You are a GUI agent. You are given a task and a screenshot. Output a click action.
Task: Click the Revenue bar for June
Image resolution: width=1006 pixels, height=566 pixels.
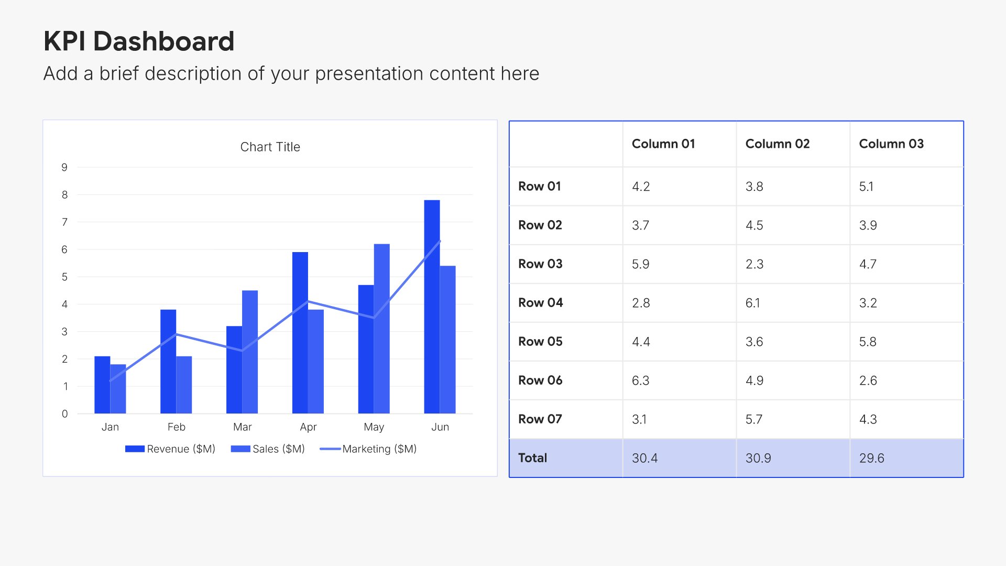click(432, 307)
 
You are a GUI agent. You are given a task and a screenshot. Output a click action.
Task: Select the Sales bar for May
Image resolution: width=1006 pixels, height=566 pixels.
click(381, 329)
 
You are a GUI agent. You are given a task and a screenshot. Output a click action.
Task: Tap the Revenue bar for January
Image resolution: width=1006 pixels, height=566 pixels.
click(102, 385)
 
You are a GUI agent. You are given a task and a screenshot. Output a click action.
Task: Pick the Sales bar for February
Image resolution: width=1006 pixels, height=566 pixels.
click(184, 385)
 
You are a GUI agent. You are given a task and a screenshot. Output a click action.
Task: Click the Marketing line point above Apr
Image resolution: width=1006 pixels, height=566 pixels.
click(308, 301)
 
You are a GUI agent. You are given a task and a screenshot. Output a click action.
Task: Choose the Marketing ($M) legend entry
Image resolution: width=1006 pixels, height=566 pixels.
click(368, 449)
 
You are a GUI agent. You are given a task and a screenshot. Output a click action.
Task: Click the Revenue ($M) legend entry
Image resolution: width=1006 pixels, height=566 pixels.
click(170, 449)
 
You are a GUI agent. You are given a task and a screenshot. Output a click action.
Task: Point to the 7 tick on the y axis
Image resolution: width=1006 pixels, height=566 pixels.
click(64, 222)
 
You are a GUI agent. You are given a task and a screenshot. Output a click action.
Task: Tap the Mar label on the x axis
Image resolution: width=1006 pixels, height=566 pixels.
click(242, 427)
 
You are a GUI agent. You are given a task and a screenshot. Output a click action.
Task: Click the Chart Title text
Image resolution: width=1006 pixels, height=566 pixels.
click(270, 147)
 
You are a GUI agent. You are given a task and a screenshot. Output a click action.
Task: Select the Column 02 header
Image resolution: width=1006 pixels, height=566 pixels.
click(778, 144)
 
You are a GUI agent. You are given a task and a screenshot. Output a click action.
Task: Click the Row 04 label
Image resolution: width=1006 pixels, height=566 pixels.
click(540, 302)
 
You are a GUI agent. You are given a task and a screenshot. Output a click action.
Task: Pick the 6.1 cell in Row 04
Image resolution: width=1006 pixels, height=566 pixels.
click(752, 303)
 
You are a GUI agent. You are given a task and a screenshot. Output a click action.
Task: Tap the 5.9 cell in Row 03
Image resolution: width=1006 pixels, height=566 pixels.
click(640, 264)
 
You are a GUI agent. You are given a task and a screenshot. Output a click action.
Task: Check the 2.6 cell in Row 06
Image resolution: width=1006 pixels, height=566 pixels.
click(868, 380)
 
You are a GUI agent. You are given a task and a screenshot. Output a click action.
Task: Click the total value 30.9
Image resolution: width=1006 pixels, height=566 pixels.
click(758, 458)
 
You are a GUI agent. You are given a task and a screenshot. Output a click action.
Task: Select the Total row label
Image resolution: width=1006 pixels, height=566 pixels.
click(532, 458)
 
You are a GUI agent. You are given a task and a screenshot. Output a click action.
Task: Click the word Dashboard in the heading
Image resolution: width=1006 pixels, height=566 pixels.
click(163, 41)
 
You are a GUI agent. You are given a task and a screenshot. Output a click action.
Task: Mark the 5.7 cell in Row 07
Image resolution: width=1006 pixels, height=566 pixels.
click(754, 419)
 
